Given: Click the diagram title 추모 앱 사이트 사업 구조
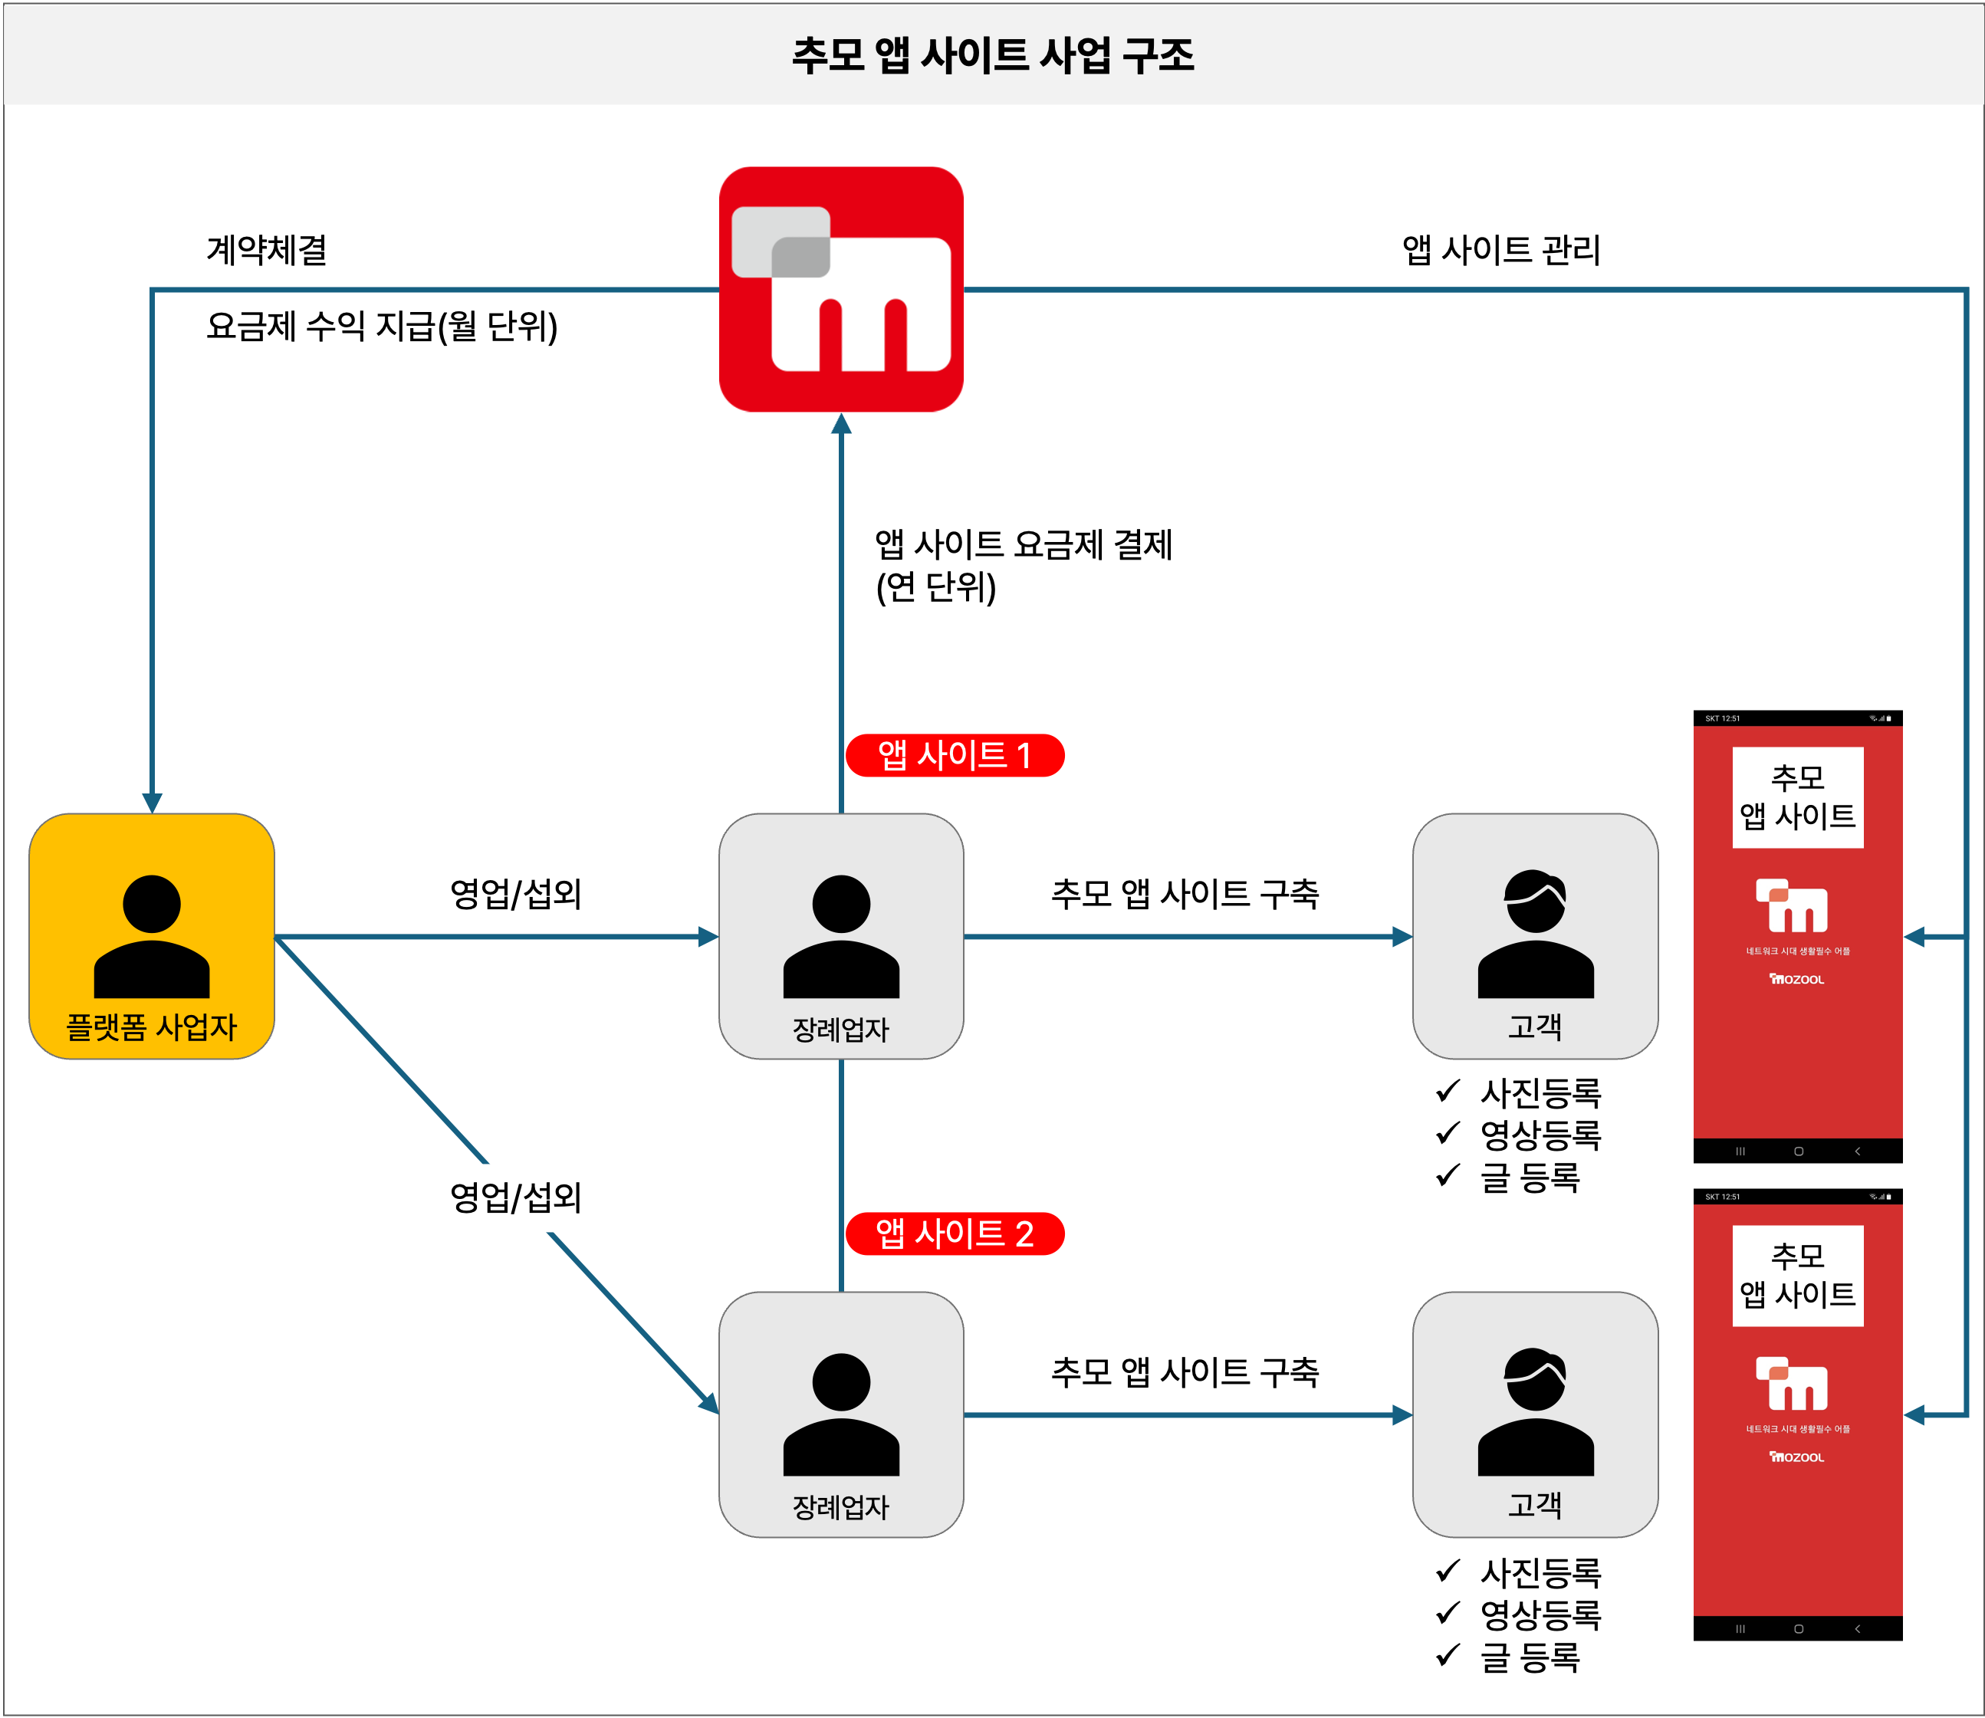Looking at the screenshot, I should pos(992,54).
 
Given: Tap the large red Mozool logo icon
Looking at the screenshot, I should pos(841,290).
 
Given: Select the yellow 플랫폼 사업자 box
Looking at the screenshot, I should pos(152,936).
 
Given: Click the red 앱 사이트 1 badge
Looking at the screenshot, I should pos(954,755).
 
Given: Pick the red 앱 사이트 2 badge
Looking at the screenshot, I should pos(954,1233).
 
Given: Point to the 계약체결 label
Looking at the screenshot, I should pos(267,250).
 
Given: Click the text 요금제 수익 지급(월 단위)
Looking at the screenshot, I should pos(382,327).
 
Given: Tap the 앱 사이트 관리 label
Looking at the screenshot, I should pos(1500,250).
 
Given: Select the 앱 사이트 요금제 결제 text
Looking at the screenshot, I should pos(1024,544).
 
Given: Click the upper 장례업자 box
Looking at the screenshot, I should pos(841,936).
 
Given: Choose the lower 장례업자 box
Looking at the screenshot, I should pos(841,1414).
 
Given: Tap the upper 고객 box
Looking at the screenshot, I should pos(1534,936).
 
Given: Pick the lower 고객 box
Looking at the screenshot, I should pos(1534,1414).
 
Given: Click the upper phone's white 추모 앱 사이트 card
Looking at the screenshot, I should pos(1797,797).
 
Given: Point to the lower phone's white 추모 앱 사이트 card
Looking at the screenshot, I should pos(1797,1275).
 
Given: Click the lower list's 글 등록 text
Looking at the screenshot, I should pos(1530,1657).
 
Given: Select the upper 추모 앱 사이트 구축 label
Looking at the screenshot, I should pos(1185,894).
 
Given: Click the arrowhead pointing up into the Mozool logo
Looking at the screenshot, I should pos(841,424).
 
